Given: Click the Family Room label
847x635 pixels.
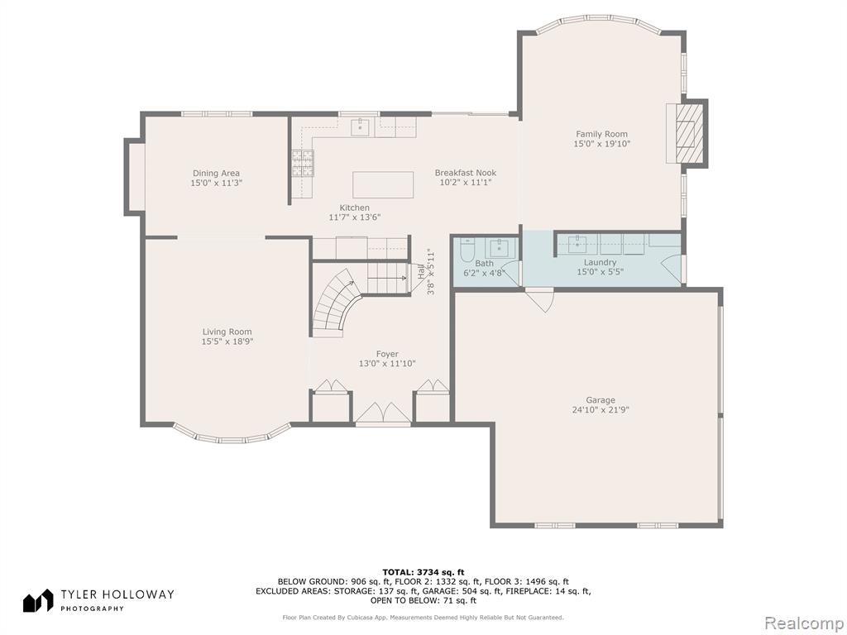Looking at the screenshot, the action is pos(602,134).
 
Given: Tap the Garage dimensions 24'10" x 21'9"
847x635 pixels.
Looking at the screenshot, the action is pos(601,410).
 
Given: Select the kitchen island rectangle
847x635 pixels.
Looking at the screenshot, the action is pos(383,184).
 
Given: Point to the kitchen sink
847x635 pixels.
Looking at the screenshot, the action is pos(360,128).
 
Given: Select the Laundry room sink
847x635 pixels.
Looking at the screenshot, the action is pos(577,244).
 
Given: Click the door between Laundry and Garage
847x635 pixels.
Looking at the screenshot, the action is pos(540,300).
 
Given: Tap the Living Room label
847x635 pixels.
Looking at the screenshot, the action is pos(227,332).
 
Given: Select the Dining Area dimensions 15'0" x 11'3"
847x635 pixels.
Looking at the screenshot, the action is pos(216,183).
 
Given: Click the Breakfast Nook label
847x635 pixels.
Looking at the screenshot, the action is pos(466,173).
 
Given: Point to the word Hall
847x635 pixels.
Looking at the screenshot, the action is pos(421,271).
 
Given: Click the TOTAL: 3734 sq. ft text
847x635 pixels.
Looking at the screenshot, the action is pos(423,572).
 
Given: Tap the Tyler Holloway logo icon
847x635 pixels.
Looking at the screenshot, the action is pos(38,600).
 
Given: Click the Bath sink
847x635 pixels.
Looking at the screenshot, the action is pos(499,249).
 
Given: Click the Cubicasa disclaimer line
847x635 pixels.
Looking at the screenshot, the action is pos(423,617).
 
